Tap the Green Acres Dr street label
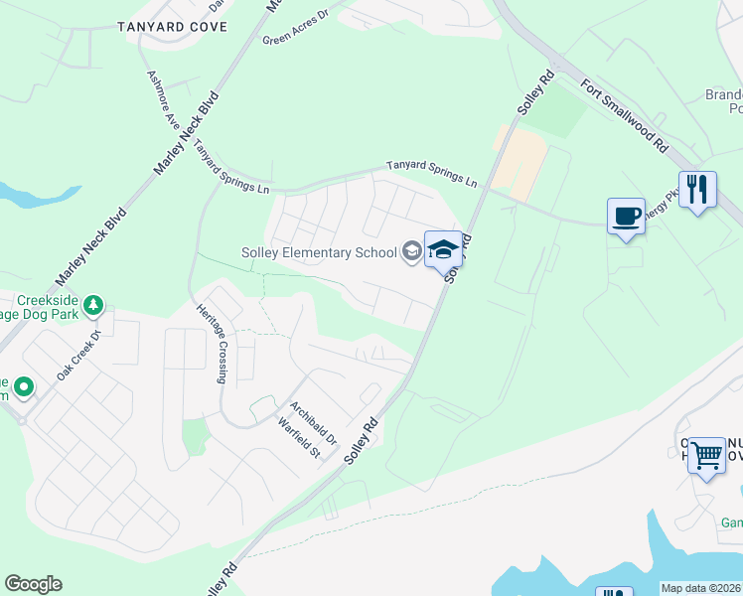point(296,33)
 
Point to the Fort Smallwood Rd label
point(625,115)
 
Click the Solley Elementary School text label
point(319,252)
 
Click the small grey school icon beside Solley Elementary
point(411,252)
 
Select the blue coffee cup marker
point(626,217)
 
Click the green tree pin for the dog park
point(92,304)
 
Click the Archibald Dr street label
point(314,422)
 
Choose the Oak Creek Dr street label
point(79,355)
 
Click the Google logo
point(33,584)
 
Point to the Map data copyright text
point(701,588)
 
